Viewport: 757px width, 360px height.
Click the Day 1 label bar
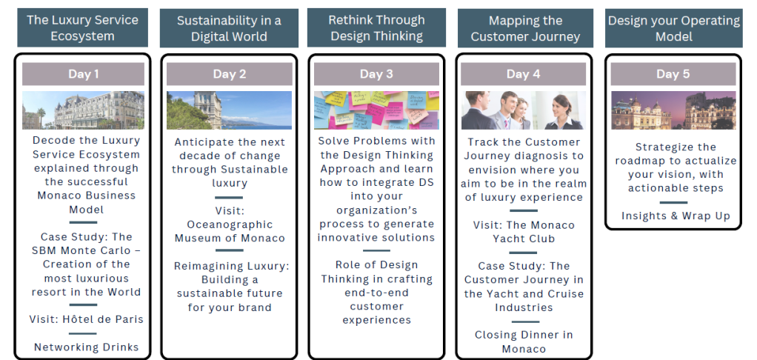click(x=83, y=74)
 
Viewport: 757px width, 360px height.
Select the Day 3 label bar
click(x=376, y=74)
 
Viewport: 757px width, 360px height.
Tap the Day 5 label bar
click(x=673, y=74)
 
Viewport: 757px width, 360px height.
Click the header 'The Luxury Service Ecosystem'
click(x=82, y=27)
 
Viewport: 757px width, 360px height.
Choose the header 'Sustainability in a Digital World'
click(x=229, y=28)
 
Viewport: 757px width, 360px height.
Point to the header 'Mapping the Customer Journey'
click(x=525, y=28)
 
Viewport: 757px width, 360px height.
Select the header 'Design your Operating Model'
click(x=674, y=28)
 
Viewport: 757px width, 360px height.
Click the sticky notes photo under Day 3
click(x=376, y=110)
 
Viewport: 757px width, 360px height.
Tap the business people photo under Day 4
click(x=524, y=110)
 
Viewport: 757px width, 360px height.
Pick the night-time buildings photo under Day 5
click(x=673, y=110)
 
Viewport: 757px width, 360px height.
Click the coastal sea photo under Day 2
click(x=230, y=110)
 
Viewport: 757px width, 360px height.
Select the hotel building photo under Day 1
click(x=83, y=110)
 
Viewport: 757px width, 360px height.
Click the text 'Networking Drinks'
click(x=87, y=347)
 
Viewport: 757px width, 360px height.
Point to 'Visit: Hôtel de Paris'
click(x=87, y=319)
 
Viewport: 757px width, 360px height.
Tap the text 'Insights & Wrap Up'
click(x=676, y=216)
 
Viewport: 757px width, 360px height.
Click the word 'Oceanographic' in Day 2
click(x=230, y=225)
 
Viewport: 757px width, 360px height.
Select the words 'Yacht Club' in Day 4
click(x=524, y=239)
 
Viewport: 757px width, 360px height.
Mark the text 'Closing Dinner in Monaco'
click(x=524, y=341)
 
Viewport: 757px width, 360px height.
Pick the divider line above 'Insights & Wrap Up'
click(x=673, y=203)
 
